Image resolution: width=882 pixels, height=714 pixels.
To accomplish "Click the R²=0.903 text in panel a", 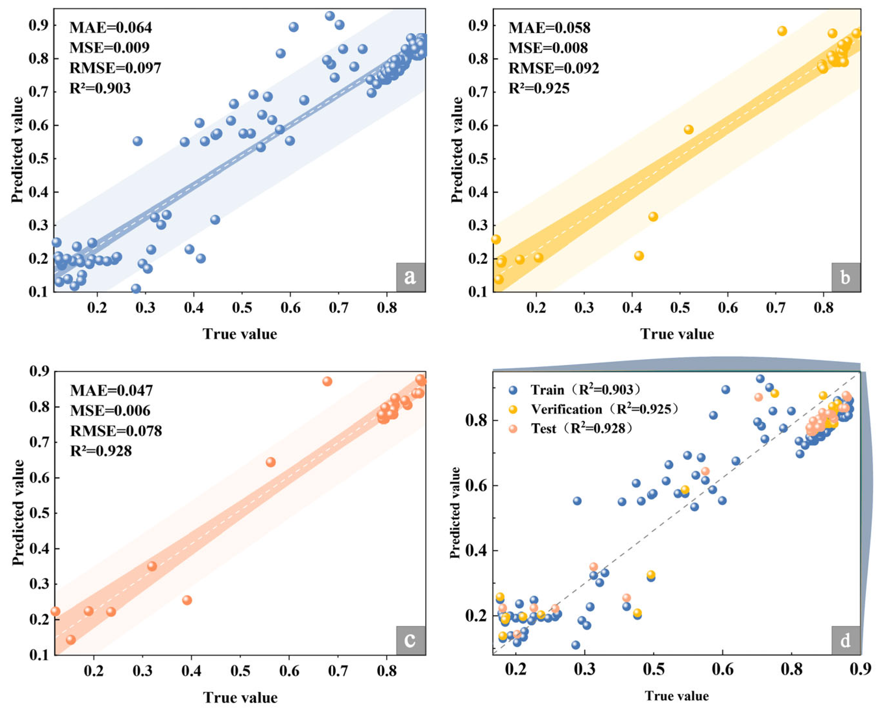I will pyautogui.click(x=100, y=88).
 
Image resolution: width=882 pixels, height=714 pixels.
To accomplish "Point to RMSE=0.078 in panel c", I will pyautogui.click(x=116, y=430).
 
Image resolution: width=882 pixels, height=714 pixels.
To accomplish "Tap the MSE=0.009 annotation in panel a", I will pyautogui.click(x=109, y=48).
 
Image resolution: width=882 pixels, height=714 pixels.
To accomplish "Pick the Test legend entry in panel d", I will pyautogui.click(x=581, y=429).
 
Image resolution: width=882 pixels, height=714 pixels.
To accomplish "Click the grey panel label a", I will pyautogui.click(x=410, y=277).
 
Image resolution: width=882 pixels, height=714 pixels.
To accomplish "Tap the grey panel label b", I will pyautogui.click(x=845, y=277).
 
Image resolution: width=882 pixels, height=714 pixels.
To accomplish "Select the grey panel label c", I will pyautogui.click(x=410, y=640).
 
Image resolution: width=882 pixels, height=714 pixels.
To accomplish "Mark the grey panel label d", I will pyautogui.click(x=845, y=640).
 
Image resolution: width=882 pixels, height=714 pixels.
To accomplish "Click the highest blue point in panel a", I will pyautogui.click(x=330, y=16).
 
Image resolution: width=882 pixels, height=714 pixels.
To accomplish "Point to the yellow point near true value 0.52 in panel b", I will pyautogui.click(x=689, y=129).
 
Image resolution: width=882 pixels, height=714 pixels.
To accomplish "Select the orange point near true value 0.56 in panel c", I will pyautogui.click(x=271, y=462).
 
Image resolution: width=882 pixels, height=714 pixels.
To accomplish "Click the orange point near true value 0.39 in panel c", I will pyautogui.click(x=187, y=600).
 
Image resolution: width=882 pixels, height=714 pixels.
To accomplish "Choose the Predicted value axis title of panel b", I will pyautogui.click(x=456, y=150).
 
